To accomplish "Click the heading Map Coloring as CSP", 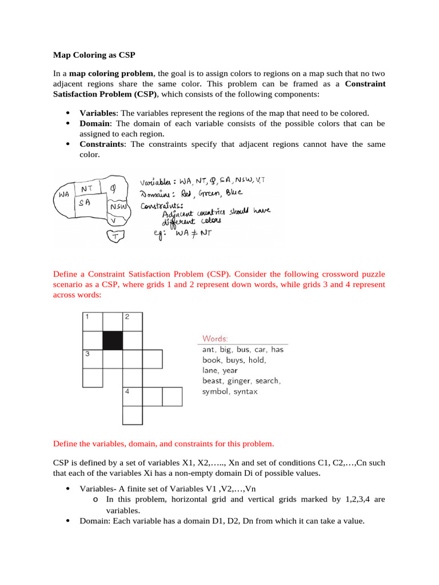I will click(x=94, y=55).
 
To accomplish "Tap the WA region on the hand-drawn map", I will click(x=63, y=194).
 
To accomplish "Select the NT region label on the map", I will click(x=87, y=188).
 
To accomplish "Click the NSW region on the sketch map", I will click(x=118, y=206).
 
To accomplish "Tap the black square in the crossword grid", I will click(x=113, y=340).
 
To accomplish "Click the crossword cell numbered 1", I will click(x=93, y=322).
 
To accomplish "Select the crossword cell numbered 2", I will click(x=132, y=322).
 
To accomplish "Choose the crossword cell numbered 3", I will click(x=93, y=359).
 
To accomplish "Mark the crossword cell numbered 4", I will click(x=132, y=396).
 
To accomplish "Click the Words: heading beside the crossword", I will click(x=215, y=338).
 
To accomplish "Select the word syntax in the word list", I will click(x=244, y=391).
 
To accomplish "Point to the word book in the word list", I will click(x=211, y=360).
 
